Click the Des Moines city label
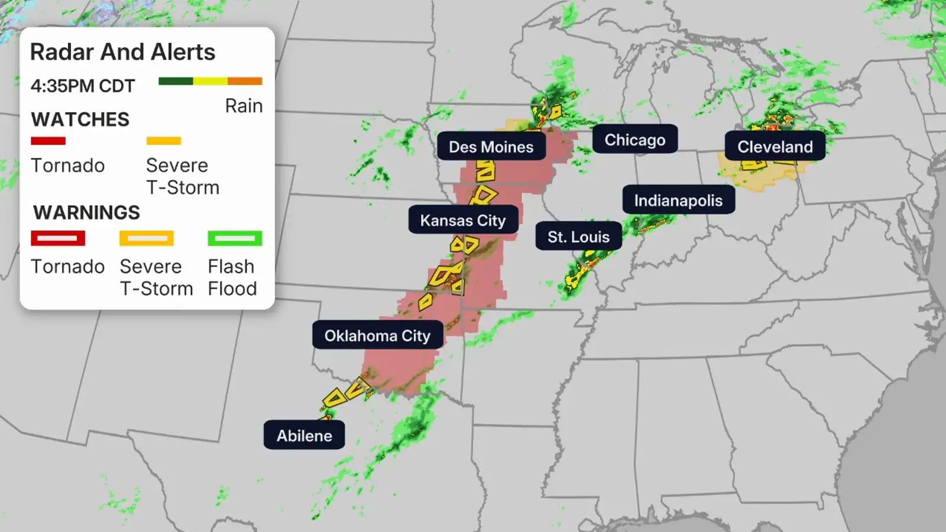pyautogui.click(x=491, y=147)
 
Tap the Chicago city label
pyautogui.click(x=634, y=140)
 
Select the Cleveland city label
pyautogui.click(x=775, y=147)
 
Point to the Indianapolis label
pyautogui.click(x=678, y=200)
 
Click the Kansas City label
pyautogui.click(x=463, y=220)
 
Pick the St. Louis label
pyautogui.click(x=578, y=236)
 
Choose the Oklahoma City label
pyautogui.click(x=377, y=335)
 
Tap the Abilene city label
pyautogui.click(x=304, y=436)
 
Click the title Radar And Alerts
pyautogui.click(x=122, y=52)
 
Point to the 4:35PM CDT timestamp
pyautogui.click(x=83, y=86)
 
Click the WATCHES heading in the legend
pyautogui.click(x=80, y=119)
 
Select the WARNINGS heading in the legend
pyautogui.click(x=86, y=212)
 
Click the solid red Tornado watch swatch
pyautogui.click(x=48, y=141)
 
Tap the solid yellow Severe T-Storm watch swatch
pyautogui.click(x=164, y=141)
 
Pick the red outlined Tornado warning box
pyautogui.click(x=58, y=238)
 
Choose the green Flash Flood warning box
pyautogui.click(x=235, y=238)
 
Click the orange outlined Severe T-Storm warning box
pyautogui.click(x=147, y=238)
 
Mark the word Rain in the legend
pyautogui.click(x=244, y=106)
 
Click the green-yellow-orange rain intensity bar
pyautogui.click(x=210, y=81)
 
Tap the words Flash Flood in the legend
pyautogui.click(x=232, y=277)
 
